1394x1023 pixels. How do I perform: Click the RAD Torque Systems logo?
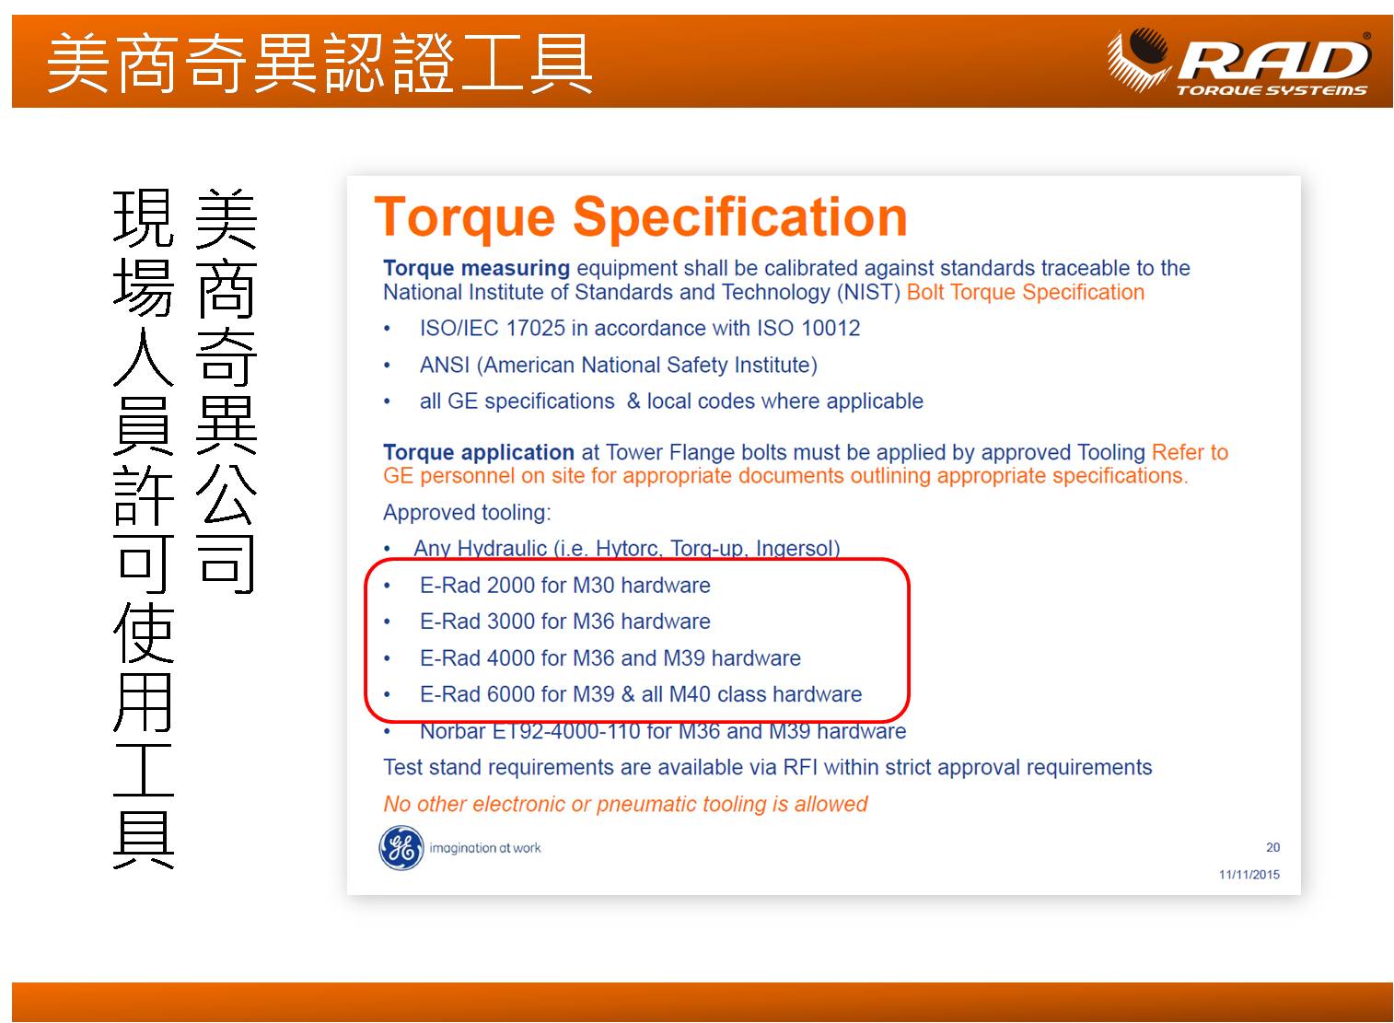(1238, 62)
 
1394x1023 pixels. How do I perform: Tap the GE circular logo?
(401, 847)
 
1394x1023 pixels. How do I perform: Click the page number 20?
(1272, 847)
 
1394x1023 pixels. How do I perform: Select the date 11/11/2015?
(1249, 874)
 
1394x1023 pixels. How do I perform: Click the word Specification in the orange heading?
(739, 218)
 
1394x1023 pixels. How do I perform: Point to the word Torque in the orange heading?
(464, 218)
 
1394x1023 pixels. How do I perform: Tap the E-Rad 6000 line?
(641, 694)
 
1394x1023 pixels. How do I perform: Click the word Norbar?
(452, 731)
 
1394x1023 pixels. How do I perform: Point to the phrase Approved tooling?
(467, 513)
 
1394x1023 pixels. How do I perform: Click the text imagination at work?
(485, 848)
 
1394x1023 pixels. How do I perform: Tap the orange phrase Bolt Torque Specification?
(1025, 293)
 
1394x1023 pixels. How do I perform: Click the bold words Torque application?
(478, 452)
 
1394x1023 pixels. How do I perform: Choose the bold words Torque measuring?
(476, 268)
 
